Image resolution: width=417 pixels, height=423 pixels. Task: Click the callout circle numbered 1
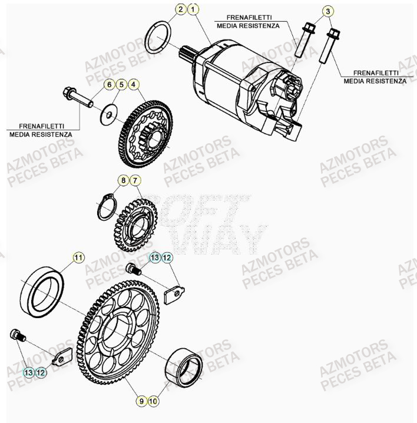[x=195, y=9]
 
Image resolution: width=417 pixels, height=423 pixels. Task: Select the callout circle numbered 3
[x=328, y=11]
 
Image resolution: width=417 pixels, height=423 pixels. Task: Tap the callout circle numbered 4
[x=134, y=85]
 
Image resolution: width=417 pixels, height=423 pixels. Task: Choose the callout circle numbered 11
[x=78, y=257]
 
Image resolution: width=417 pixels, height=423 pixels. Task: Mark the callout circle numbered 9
[x=141, y=401]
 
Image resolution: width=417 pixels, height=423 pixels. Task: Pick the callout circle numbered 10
[x=154, y=401]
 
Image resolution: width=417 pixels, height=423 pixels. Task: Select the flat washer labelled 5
[x=108, y=112]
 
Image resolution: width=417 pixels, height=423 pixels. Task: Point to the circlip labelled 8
[x=104, y=209]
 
